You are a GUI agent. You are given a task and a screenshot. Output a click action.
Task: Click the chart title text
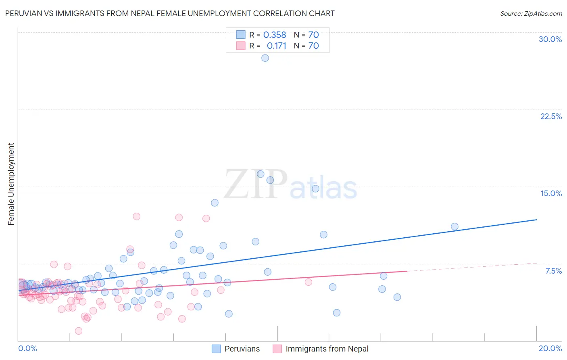pyautogui.click(x=170, y=13)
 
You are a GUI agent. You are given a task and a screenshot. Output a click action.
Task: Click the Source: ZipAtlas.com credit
pyautogui.click(x=531, y=13)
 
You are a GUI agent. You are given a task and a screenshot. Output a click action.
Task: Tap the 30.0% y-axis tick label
pyautogui.click(x=550, y=39)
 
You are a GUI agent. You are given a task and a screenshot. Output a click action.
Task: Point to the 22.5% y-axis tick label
pyautogui.click(x=551, y=116)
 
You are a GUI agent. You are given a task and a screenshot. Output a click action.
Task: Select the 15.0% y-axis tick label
pyautogui.click(x=551, y=193)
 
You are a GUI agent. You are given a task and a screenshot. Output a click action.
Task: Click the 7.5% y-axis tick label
pyautogui.click(x=553, y=271)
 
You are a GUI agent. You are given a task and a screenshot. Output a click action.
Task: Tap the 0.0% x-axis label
pyautogui.click(x=27, y=348)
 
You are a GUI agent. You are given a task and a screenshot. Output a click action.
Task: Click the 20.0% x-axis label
pyautogui.click(x=550, y=348)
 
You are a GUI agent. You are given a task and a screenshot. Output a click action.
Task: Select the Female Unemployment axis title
pyautogui.click(x=11, y=184)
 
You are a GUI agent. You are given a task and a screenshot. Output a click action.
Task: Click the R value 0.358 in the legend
pyautogui.click(x=275, y=35)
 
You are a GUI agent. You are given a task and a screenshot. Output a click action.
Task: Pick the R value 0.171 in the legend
pyautogui.click(x=276, y=46)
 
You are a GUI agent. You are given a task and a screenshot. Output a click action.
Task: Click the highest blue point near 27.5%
pyautogui.click(x=265, y=58)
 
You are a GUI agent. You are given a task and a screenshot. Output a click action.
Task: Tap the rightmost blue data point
pyautogui.click(x=454, y=226)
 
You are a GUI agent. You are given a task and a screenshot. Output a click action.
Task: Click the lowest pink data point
pyautogui.click(x=79, y=331)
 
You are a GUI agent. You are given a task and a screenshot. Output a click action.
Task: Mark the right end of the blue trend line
pyautogui.click(x=536, y=220)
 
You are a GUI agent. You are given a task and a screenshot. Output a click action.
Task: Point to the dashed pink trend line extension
pyautogui.click(x=472, y=267)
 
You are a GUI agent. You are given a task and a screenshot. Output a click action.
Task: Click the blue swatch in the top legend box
pyautogui.click(x=241, y=35)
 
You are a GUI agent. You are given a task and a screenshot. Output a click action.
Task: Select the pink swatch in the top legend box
pyautogui.click(x=241, y=46)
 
